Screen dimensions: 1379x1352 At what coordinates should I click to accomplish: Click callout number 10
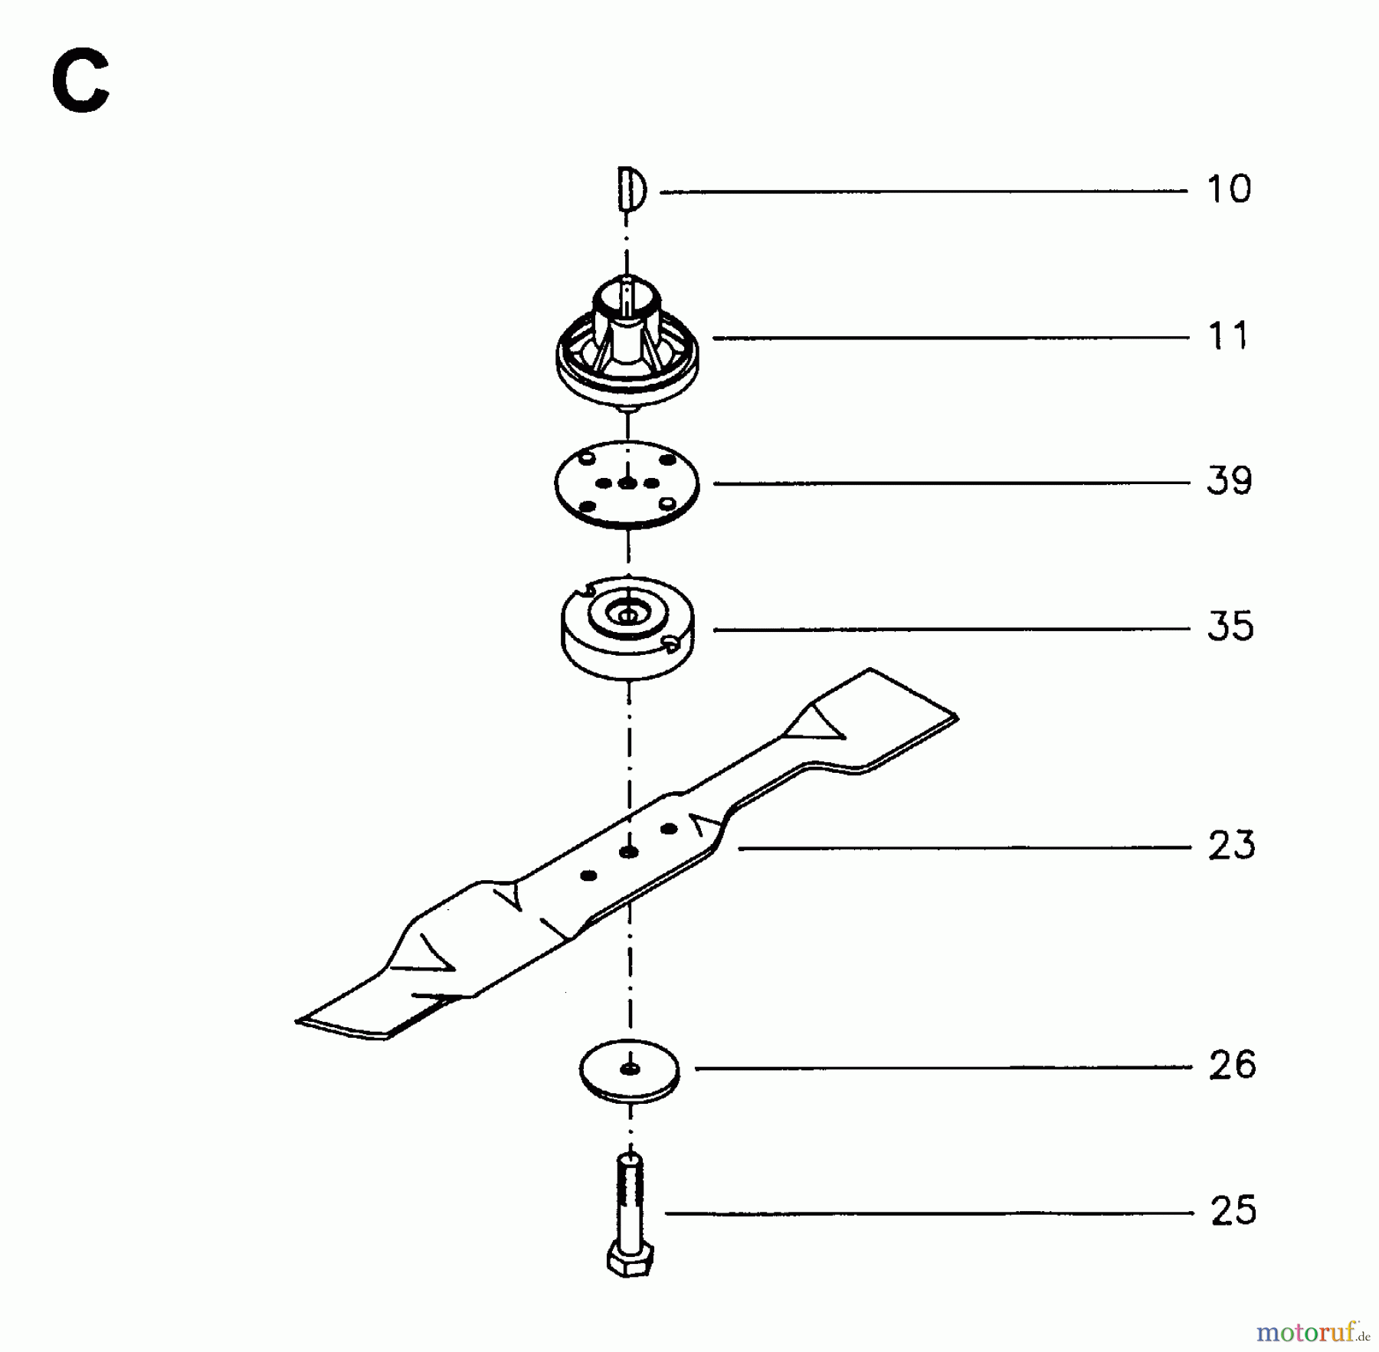pos(1229,188)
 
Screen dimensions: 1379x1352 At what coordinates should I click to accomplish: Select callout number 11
pos(1228,336)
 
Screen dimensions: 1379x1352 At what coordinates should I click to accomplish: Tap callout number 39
pos(1230,480)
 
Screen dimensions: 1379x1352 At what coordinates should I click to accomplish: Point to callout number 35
pos(1230,626)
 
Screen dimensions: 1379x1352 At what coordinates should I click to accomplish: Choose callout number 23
pos(1232,845)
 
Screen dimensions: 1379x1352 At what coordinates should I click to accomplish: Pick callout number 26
pos(1233,1065)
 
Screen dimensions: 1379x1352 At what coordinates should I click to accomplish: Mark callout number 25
pos(1233,1210)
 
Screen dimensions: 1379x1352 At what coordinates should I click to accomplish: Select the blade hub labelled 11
pos(627,340)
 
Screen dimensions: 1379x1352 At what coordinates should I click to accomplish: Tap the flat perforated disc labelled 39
pos(627,484)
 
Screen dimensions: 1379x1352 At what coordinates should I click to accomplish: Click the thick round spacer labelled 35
pos(627,627)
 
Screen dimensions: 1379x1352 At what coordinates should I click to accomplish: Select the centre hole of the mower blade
pos(629,852)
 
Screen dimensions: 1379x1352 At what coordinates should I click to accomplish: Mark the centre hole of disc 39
pos(627,484)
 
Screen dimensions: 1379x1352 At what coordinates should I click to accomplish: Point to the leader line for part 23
pos(965,848)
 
